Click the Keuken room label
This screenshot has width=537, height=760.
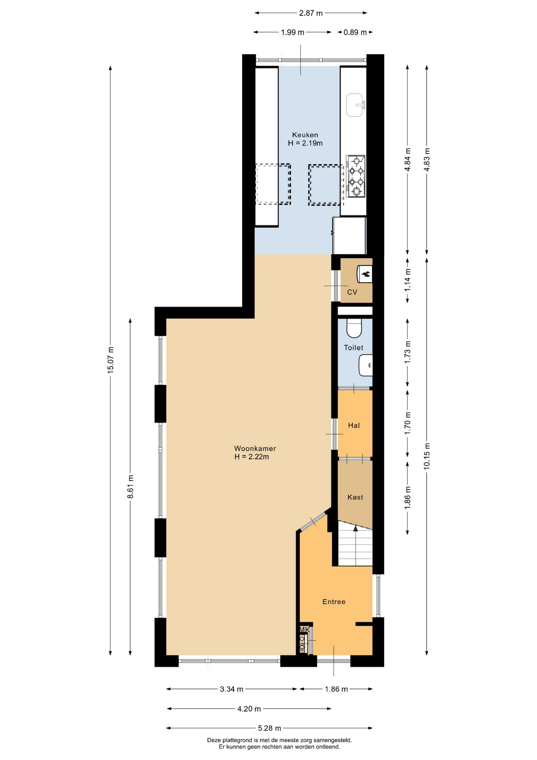305,135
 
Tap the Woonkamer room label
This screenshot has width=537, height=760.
255,448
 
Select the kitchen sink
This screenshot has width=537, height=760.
355,105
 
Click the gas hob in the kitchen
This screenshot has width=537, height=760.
355,176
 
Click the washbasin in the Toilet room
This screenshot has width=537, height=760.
366,365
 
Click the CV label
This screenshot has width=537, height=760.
352,292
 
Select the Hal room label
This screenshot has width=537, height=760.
354,426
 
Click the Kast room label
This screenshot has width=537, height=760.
355,497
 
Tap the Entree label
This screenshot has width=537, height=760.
334,602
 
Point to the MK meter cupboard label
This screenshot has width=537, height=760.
304,629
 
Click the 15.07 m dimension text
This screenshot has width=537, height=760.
111,359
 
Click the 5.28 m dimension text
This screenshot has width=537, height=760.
270,728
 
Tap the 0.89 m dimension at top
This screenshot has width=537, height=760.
355,32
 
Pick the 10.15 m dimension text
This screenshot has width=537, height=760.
427,456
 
